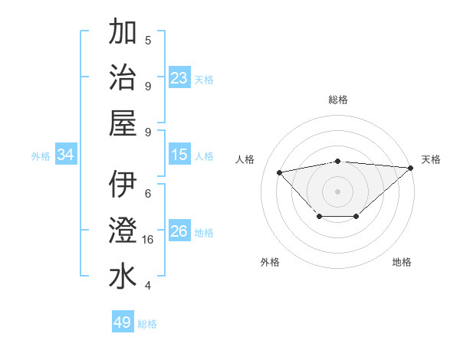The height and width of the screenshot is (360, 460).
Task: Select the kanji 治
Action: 123,78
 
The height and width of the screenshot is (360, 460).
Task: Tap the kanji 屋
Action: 123,123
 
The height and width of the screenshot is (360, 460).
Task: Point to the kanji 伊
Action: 123,185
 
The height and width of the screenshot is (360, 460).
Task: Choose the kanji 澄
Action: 123,231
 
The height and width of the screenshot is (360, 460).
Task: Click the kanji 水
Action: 123,277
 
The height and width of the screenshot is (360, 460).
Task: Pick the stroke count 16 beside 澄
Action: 149,240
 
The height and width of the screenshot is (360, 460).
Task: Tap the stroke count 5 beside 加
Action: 148,41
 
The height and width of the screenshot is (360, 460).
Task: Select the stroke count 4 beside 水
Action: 148,286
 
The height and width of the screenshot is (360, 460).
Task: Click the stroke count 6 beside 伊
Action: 148,194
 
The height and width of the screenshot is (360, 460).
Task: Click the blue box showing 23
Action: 179,78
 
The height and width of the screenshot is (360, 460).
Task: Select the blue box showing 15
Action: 179,155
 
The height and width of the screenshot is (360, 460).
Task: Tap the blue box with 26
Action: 179,231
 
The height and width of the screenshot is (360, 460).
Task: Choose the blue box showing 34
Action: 66,155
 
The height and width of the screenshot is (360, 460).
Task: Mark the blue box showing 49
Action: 123,322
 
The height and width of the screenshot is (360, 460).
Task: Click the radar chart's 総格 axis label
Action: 338,100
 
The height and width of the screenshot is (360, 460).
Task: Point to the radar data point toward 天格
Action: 411,169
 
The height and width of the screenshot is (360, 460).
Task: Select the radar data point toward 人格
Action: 279,172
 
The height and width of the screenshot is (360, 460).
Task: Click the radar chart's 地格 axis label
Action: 402,263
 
